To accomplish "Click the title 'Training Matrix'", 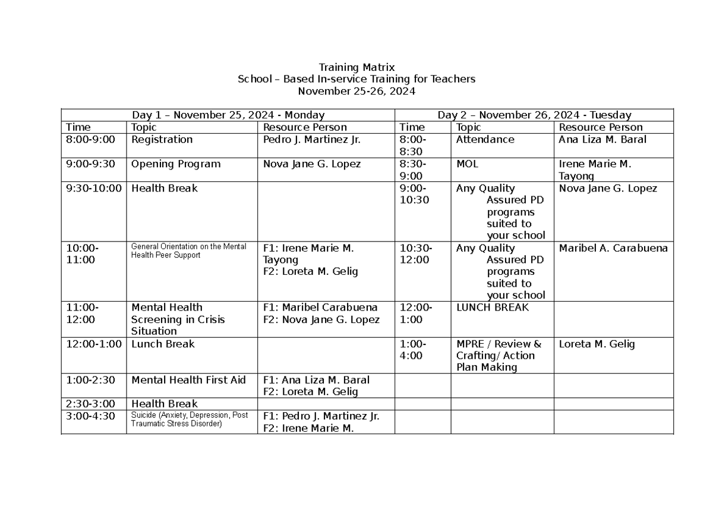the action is coord(356,67).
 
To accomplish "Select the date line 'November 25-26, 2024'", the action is coord(356,91).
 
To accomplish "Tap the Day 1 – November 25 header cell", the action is coord(228,115).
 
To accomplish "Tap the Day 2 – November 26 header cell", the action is coord(534,115).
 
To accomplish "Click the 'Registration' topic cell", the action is coord(162,140).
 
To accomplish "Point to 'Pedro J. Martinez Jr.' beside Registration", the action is coord(312,140).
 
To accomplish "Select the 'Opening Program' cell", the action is coord(176,164).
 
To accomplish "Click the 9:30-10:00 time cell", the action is coord(94,189).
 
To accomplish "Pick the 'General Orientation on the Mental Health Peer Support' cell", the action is coord(188,250).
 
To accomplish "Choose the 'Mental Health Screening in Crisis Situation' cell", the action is coord(178,319).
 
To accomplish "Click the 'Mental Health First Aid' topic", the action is coord(188,380).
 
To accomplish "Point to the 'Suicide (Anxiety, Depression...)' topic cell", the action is coord(190,419).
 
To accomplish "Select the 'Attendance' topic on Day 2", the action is coord(485,140).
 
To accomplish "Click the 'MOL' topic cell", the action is coord(467,164).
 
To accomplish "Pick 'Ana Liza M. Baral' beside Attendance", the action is coord(602,140).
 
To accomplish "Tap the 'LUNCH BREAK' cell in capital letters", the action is coord(493,308).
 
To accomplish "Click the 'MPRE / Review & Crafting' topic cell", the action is coord(499,356).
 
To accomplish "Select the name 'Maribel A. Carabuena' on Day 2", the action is coord(613,248).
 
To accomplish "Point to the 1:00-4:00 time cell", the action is coord(411,350).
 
